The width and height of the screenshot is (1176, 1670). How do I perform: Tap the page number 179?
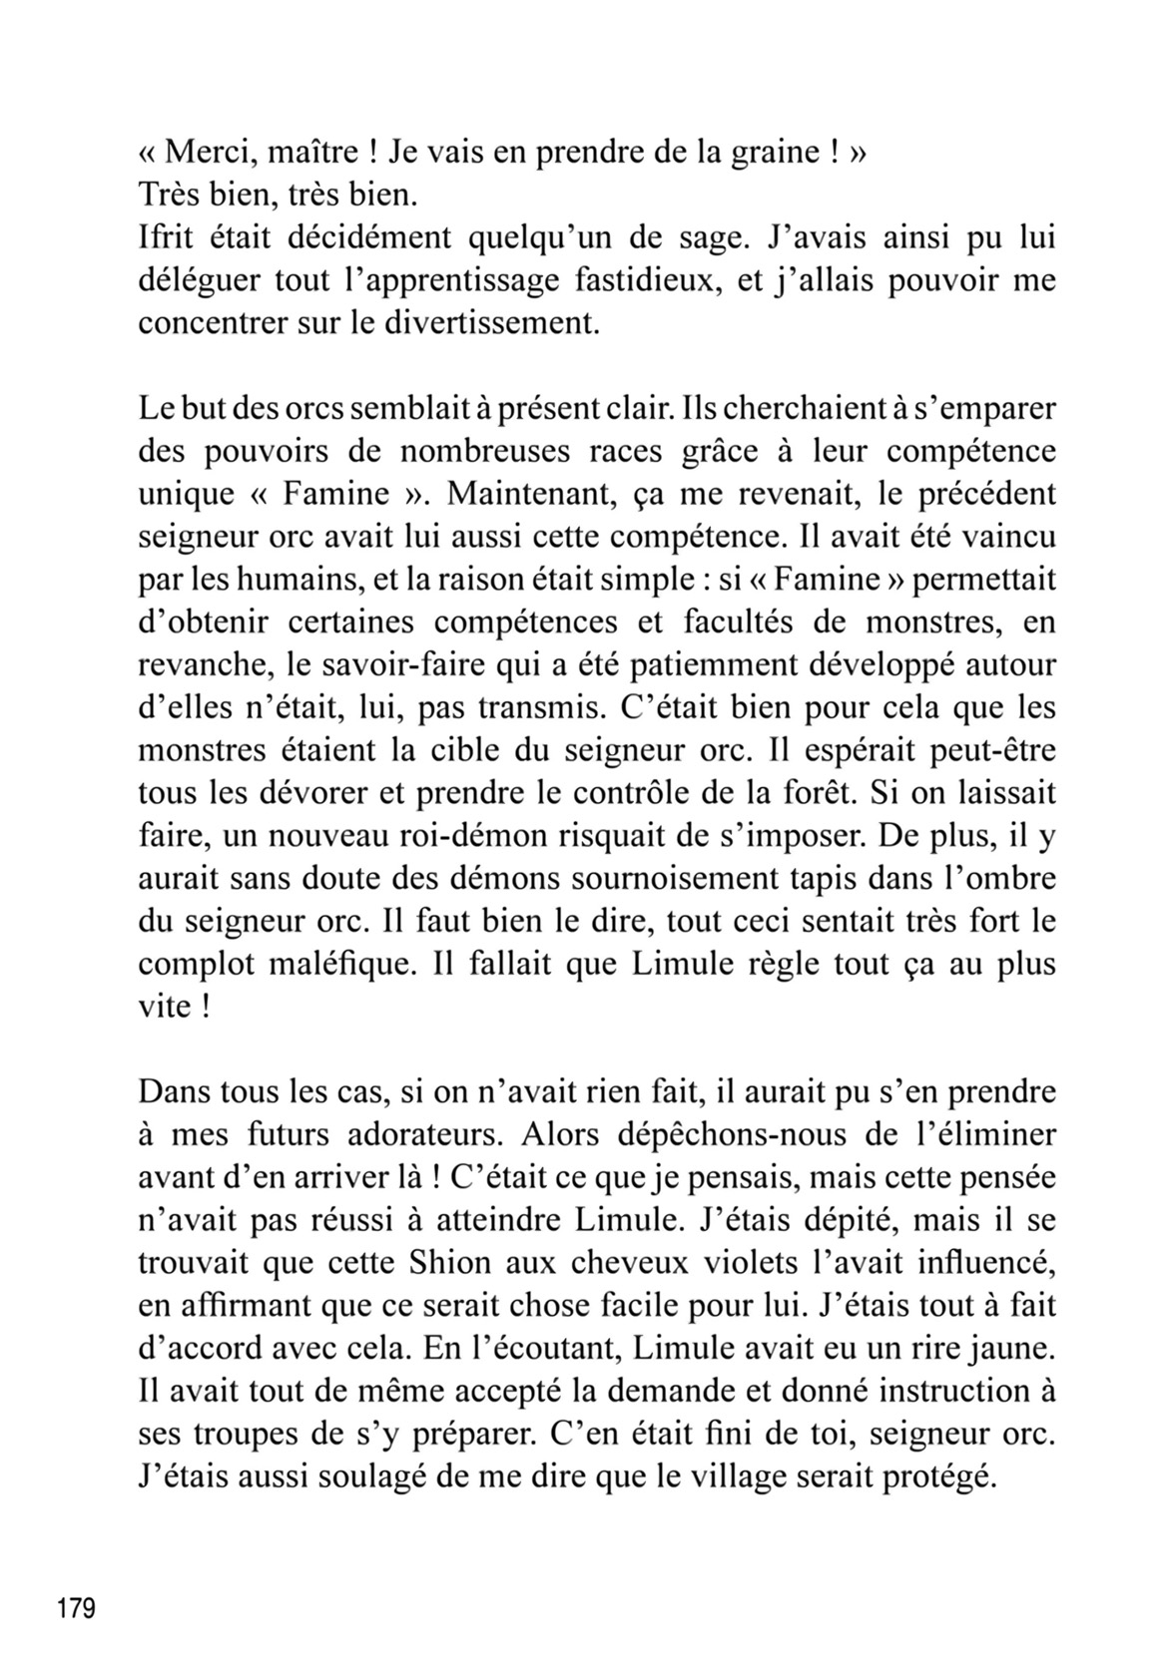(76, 1610)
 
